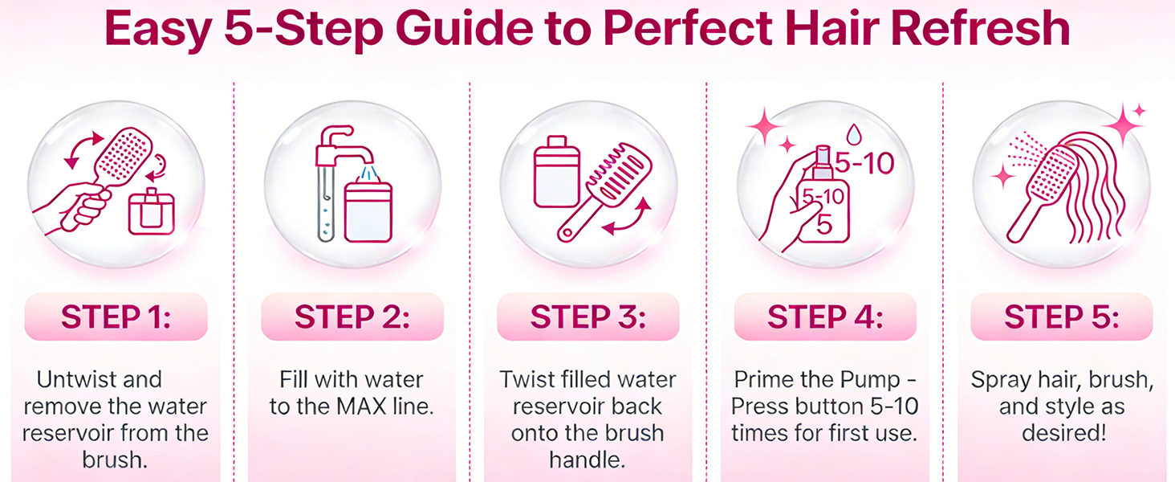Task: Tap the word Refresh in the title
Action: [x=980, y=28]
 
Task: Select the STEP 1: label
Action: [x=116, y=317]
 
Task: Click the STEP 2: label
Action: [x=352, y=317]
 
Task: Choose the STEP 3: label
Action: [x=588, y=317]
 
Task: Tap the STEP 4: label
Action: [x=825, y=317]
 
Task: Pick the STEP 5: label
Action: [x=1062, y=317]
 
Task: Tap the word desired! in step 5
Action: [x=1064, y=433]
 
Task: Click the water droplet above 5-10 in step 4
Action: [x=855, y=134]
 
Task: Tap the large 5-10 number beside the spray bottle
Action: [x=864, y=163]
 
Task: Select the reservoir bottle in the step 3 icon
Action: [x=556, y=172]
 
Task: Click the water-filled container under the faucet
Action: [x=368, y=210]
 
